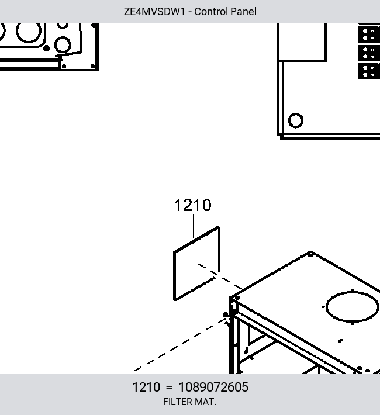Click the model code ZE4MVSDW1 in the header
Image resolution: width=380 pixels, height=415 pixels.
pyautogui.click(x=154, y=12)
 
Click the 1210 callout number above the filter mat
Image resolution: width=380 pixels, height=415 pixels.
pyautogui.click(x=193, y=205)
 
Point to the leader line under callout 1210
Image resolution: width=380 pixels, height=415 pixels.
pyautogui.click(x=194, y=226)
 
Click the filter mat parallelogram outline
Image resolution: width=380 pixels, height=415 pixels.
pyautogui.click(x=174, y=275)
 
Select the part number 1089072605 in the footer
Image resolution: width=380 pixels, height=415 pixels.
pyautogui.click(x=213, y=387)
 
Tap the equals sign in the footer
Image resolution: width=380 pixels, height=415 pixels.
pyautogui.click(x=169, y=388)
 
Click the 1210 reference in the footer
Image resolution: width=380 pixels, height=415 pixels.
pyautogui.click(x=146, y=387)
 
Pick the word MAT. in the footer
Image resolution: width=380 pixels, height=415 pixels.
pyautogui.click(x=205, y=402)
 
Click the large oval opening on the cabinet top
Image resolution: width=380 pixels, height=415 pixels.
pyautogui.click(x=326, y=307)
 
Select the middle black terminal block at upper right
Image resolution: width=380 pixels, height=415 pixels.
pyautogui.click(x=369, y=53)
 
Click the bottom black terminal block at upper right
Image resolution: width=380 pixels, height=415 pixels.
pyautogui.click(x=369, y=71)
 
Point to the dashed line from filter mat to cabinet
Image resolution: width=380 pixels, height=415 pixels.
pyautogui.click(x=220, y=276)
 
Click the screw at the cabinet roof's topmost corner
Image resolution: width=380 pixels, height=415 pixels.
pyautogui.click(x=310, y=255)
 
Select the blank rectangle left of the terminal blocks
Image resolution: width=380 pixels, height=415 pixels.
pyautogui.click(x=302, y=42)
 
